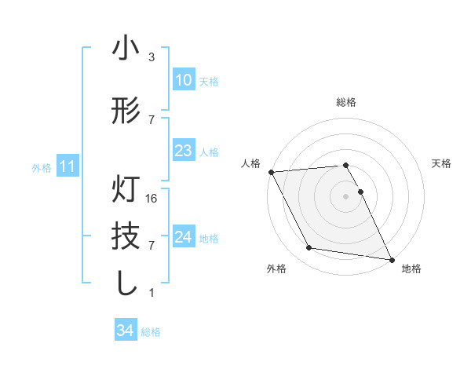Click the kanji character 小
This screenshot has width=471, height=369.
[x=126, y=49]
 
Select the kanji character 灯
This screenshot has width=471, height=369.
[x=126, y=191]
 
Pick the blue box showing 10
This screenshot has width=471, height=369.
[x=183, y=80]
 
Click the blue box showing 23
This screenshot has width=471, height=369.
[x=183, y=151]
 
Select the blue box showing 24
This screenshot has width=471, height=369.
[x=183, y=237]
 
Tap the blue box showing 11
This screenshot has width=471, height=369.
[x=67, y=166]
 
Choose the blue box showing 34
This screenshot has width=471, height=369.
[x=126, y=331]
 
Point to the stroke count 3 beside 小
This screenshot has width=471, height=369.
[x=152, y=57]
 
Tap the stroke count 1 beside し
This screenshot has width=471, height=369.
[x=152, y=293]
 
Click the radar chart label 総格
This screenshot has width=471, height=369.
[x=346, y=102]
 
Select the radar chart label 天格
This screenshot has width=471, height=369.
[x=442, y=163]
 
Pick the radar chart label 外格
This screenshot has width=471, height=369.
[x=276, y=269]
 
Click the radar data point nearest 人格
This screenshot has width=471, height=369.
[x=271, y=172]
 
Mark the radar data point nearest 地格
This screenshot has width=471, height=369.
[x=390, y=258]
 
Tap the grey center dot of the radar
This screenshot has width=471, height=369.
[x=346, y=195]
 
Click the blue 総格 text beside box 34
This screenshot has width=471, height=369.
[x=151, y=332]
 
